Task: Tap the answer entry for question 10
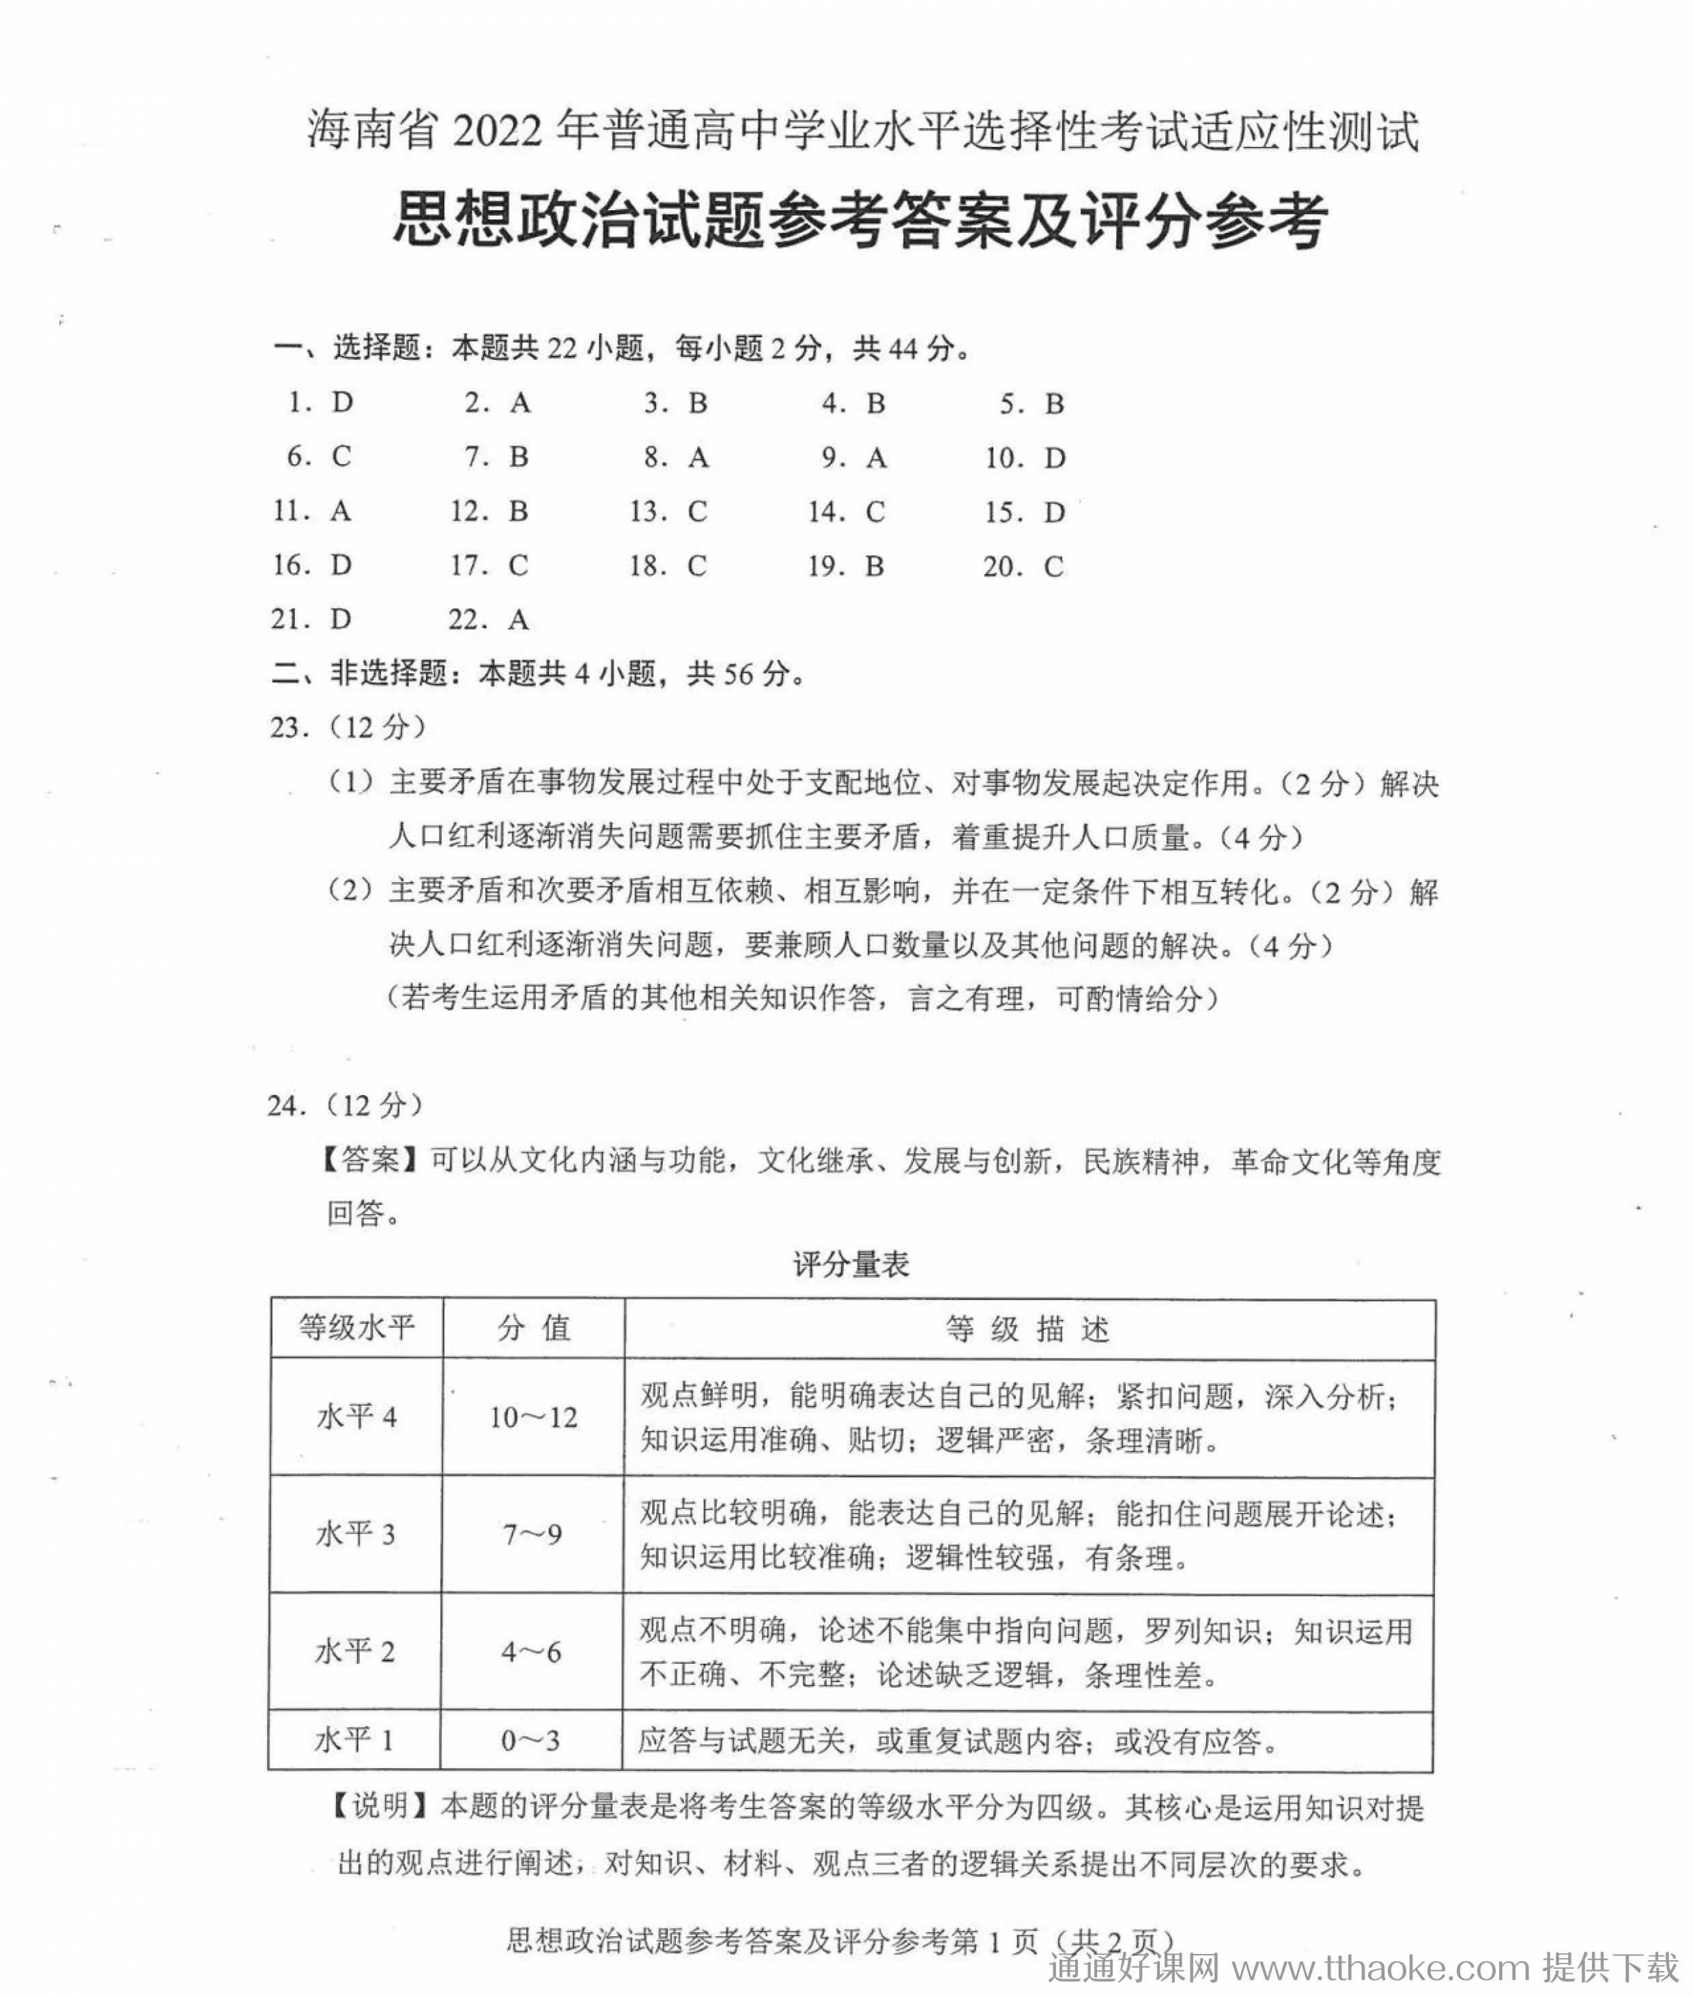click(1025, 457)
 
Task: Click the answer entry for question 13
click(668, 511)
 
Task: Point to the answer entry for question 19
click(846, 566)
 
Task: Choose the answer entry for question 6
click(319, 457)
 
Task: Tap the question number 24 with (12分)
click(345, 1105)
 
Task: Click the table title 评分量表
click(851, 1264)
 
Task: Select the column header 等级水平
click(356, 1328)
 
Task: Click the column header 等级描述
click(1028, 1329)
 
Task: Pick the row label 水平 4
click(356, 1417)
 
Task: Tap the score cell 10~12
click(532, 1417)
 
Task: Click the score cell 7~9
click(532, 1535)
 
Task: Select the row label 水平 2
click(354, 1652)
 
